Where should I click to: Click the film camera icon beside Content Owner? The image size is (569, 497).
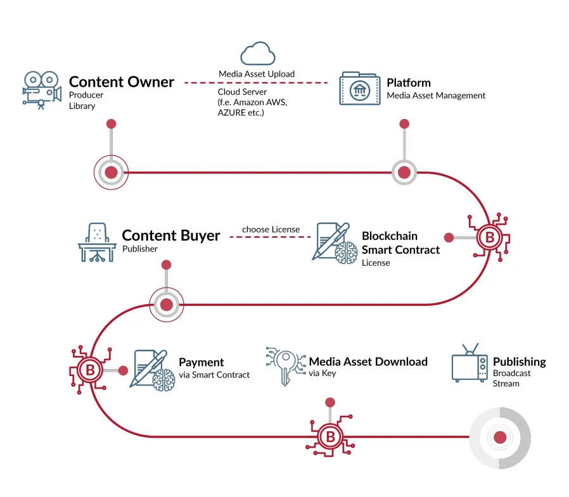click(42, 91)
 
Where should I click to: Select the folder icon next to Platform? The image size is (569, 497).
click(360, 89)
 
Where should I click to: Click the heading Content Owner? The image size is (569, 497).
click(122, 82)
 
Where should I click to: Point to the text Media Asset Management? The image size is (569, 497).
click(436, 96)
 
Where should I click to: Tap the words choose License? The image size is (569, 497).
click(271, 229)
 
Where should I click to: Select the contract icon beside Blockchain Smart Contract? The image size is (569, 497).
click(335, 243)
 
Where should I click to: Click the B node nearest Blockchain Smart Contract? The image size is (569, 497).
click(490, 237)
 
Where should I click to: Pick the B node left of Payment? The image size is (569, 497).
click(90, 370)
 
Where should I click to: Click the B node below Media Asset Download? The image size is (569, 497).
click(330, 436)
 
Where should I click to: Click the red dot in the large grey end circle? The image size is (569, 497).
click(500, 437)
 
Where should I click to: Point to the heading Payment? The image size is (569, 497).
click(201, 362)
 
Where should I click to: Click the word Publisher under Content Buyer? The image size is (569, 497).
click(139, 249)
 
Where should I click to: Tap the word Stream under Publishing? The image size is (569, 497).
click(506, 384)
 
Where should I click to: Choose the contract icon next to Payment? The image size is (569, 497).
click(152, 370)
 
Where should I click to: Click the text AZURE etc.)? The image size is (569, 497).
click(241, 113)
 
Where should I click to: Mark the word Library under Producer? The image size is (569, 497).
click(82, 106)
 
